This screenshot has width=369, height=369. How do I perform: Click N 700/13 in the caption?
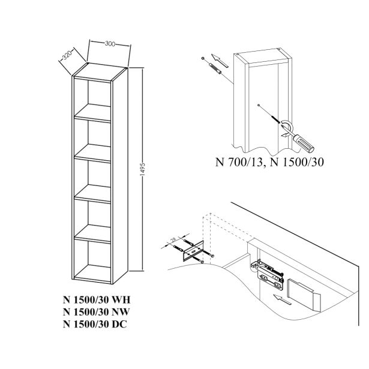[x=236, y=162]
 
